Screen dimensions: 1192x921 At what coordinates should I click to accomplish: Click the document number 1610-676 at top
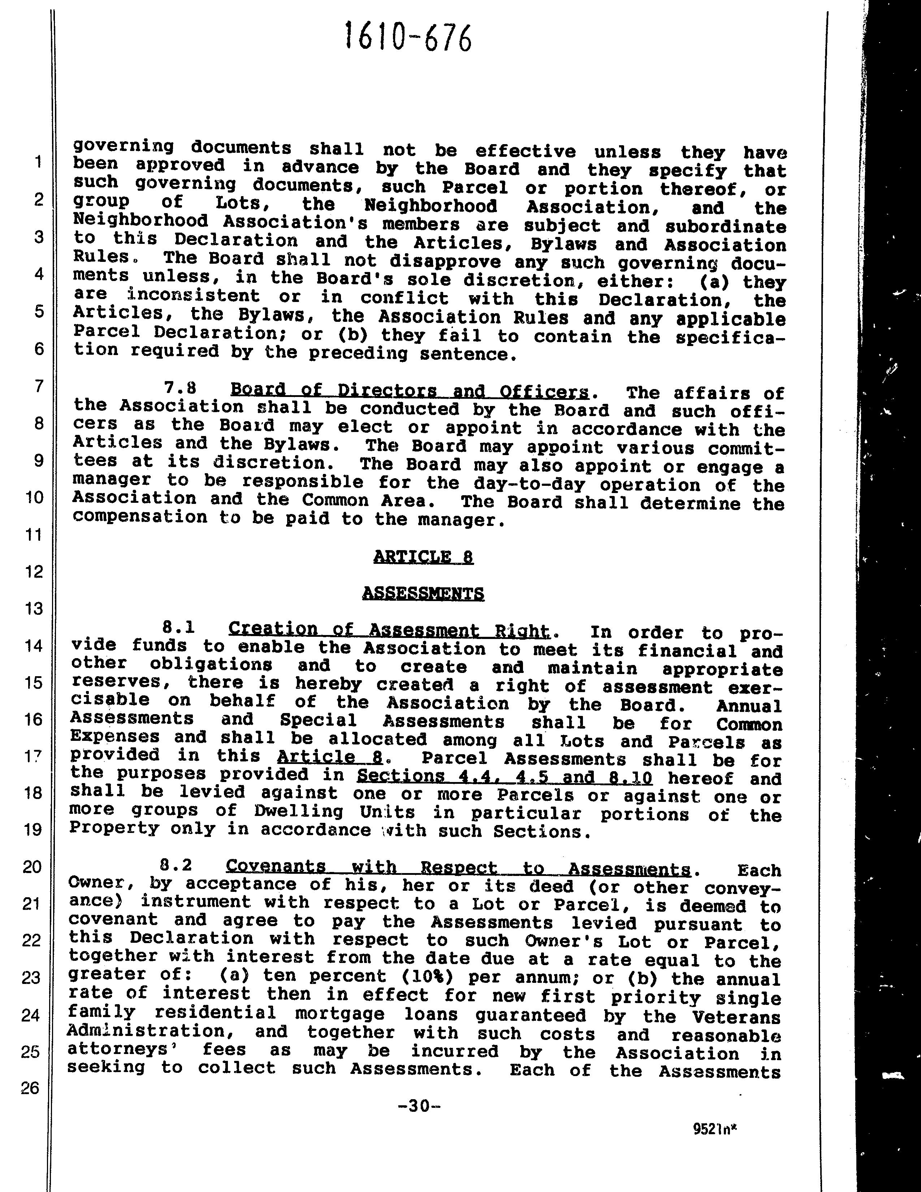point(408,38)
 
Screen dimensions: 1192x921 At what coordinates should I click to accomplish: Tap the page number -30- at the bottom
point(419,1106)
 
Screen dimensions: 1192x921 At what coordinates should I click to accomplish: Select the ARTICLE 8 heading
point(423,557)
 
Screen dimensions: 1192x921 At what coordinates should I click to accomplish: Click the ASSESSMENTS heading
point(423,593)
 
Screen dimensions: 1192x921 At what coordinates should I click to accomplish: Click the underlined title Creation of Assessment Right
point(389,630)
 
